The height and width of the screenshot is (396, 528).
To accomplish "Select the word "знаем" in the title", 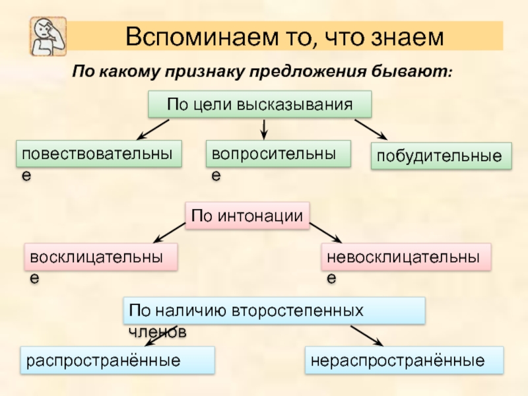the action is click(407, 36).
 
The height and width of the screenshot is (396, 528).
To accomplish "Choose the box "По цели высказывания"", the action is click(259, 105).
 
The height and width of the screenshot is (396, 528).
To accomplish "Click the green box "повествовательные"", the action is click(98, 154).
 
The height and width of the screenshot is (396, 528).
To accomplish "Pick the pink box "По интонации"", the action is click(247, 215).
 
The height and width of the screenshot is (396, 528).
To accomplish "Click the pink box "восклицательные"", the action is click(102, 257).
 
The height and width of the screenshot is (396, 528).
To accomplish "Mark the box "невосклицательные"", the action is click(406, 257).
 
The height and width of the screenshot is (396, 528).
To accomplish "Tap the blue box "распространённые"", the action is click(117, 360).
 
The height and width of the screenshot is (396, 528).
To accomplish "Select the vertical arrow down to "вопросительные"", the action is click(265, 129).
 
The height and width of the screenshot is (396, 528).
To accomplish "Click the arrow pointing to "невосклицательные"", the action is click(325, 233).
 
